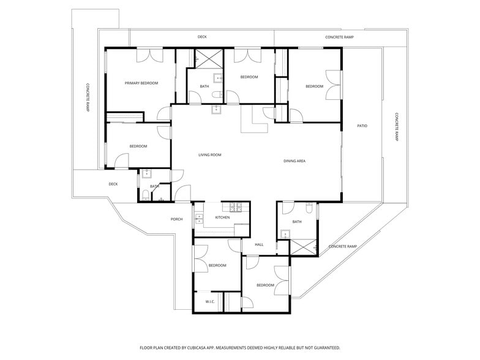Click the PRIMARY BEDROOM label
pos(141,83)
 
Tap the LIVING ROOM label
pos(209,155)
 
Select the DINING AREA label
pos(294,161)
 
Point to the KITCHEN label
pos(222,218)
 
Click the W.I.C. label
pos(209,301)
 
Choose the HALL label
pos(259,245)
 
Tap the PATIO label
pos(362,126)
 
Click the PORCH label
pos(176,219)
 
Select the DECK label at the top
pos(202,37)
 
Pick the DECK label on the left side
pos(113,184)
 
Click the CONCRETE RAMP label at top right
pos(338,37)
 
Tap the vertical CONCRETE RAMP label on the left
pos(88,98)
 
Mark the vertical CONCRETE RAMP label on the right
pos(397,127)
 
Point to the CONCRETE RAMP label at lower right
pos(342,246)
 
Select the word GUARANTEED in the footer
pos(321,348)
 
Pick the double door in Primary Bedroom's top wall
pos(150,54)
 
